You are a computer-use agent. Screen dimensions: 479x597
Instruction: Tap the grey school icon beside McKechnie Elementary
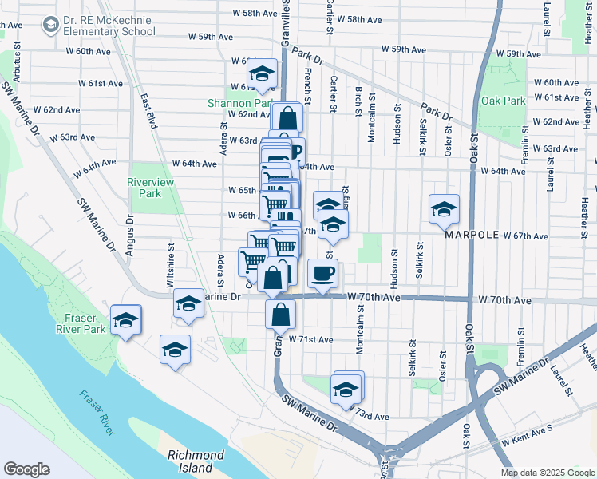tap(51, 26)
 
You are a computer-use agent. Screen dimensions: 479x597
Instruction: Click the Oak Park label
tap(504, 101)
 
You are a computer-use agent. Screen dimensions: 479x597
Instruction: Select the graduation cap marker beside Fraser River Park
tap(125, 320)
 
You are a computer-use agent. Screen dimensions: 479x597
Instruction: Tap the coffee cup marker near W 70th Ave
tap(322, 274)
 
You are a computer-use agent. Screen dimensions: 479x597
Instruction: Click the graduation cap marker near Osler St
tap(445, 210)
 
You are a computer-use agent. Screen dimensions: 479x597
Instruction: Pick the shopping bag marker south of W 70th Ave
tap(280, 314)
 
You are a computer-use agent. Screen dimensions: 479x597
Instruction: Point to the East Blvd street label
tap(148, 112)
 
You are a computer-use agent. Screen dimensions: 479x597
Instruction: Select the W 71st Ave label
tap(310, 339)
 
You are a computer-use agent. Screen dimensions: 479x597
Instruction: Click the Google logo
tap(26, 469)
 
